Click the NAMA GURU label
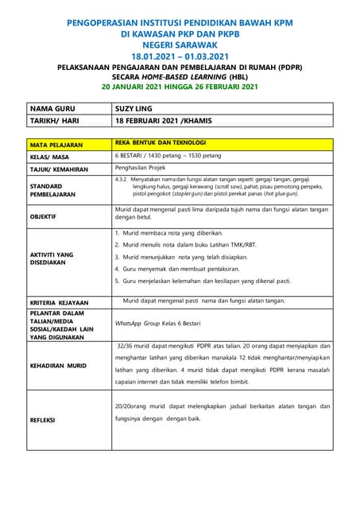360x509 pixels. (x=56, y=108)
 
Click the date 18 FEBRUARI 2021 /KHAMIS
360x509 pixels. (x=172, y=121)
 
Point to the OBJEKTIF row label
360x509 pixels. (x=44, y=216)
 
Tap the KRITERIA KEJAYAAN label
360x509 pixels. (x=60, y=303)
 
